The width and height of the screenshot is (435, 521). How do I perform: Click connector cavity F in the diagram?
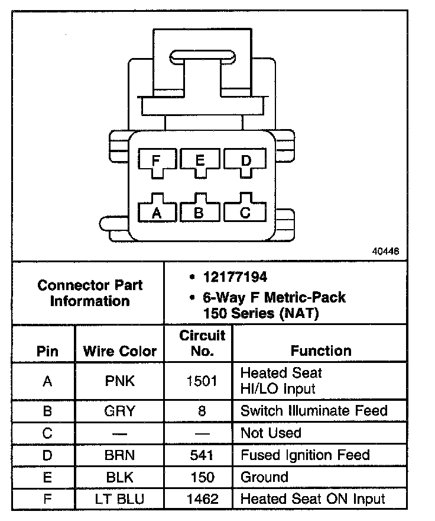click(156, 160)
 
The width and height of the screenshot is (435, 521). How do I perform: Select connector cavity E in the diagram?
click(200, 160)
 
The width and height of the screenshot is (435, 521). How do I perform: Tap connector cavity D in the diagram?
click(245, 160)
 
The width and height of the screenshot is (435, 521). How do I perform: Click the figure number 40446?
click(385, 251)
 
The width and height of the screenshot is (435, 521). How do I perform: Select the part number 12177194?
click(235, 277)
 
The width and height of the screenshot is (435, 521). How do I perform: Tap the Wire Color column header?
click(120, 351)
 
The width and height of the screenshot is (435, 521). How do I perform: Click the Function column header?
click(321, 351)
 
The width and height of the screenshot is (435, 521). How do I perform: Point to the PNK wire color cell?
click(119, 381)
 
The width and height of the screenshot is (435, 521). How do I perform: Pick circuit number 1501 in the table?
click(202, 381)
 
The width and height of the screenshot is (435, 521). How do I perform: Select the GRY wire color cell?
click(119, 410)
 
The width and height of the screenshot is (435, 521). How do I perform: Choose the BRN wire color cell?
click(119, 455)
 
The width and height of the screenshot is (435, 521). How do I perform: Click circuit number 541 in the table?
click(202, 455)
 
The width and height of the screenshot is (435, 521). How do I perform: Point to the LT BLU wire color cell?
click(119, 499)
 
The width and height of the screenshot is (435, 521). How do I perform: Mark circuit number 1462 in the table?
click(202, 499)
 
